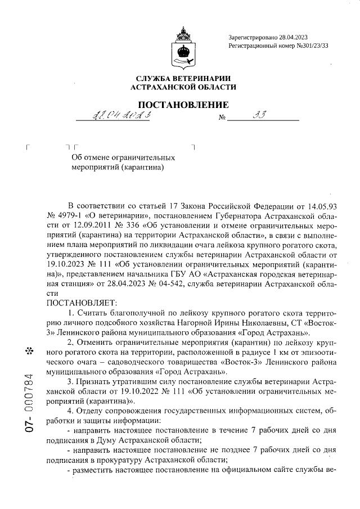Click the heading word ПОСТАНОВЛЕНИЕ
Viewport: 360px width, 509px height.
(x=183, y=105)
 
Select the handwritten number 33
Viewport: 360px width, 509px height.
(x=260, y=115)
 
